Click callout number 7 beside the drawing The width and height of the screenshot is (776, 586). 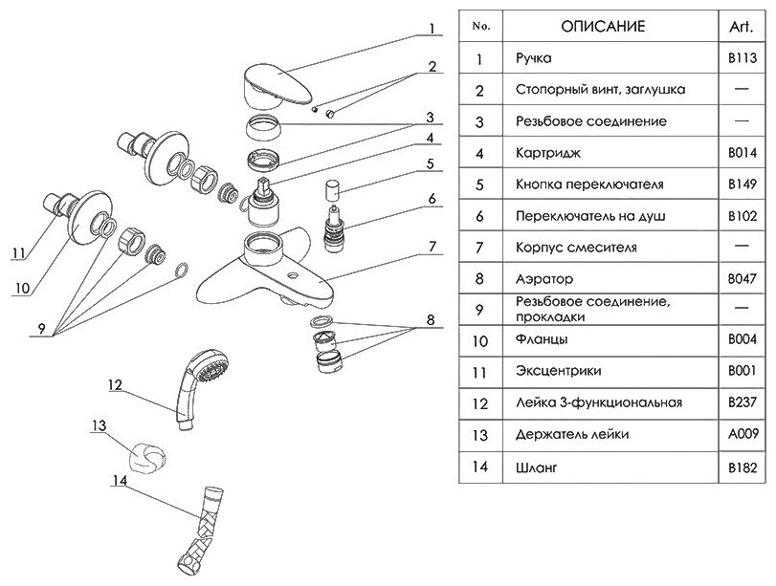coord(432,247)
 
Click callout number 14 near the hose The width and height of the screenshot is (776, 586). coord(119,483)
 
